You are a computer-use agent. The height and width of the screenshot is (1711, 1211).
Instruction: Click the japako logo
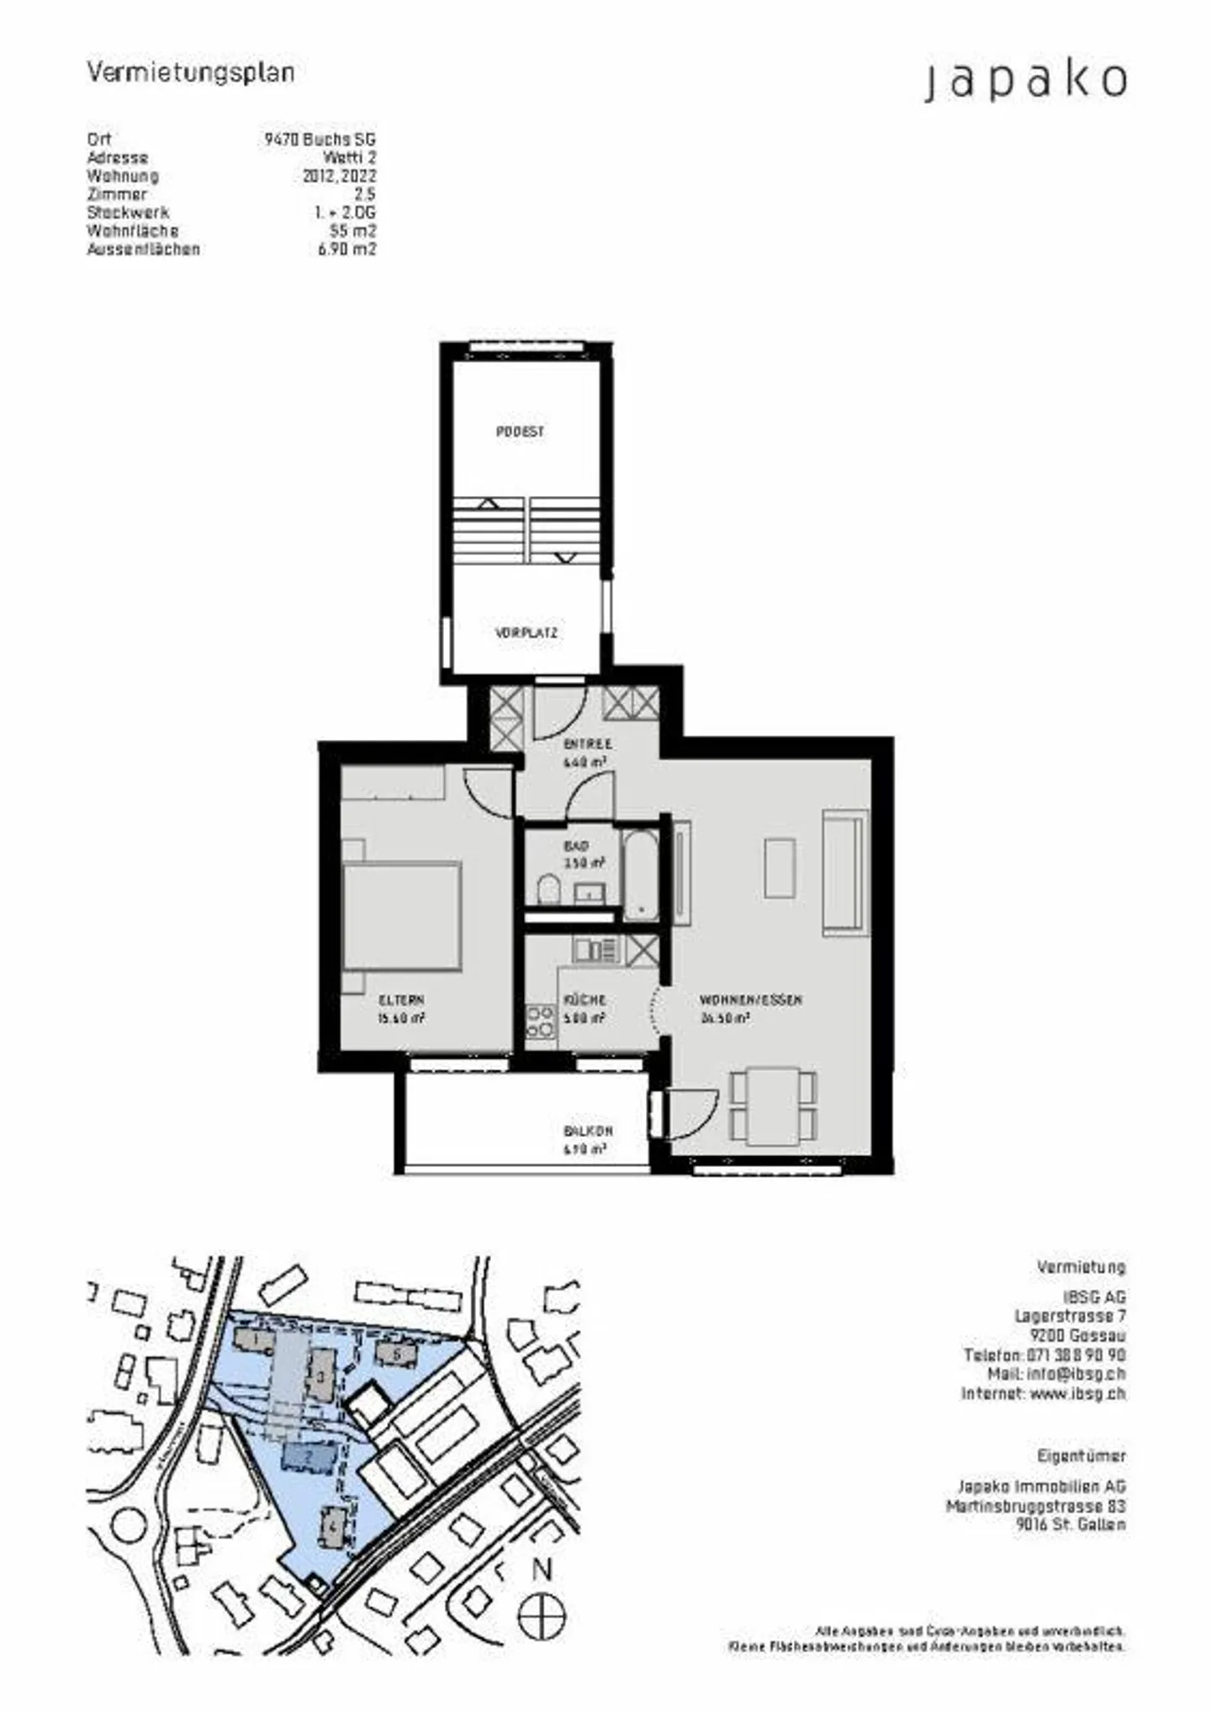pyautogui.click(x=1025, y=82)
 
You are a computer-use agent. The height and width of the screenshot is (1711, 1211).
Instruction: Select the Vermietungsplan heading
pyautogui.click(x=191, y=73)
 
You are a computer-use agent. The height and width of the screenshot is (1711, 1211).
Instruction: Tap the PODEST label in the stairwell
pyautogui.click(x=520, y=431)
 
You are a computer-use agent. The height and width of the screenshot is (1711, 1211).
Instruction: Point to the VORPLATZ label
pyautogui.click(x=526, y=633)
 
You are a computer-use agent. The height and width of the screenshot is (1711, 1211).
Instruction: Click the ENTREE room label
pyautogui.click(x=587, y=744)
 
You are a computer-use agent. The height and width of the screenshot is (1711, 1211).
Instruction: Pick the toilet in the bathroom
pyautogui.click(x=548, y=889)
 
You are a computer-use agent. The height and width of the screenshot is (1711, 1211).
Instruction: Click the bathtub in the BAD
pyautogui.click(x=641, y=874)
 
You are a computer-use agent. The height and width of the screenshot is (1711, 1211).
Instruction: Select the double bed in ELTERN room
pyautogui.click(x=402, y=915)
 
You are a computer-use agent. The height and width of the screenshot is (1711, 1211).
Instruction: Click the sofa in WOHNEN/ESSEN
pyautogui.click(x=844, y=872)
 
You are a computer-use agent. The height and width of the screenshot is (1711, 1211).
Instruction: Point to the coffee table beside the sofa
pyautogui.click(x=780, y=867)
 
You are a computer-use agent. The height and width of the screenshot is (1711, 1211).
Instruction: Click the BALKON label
pyautogui.click(x=588, y=1131)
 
